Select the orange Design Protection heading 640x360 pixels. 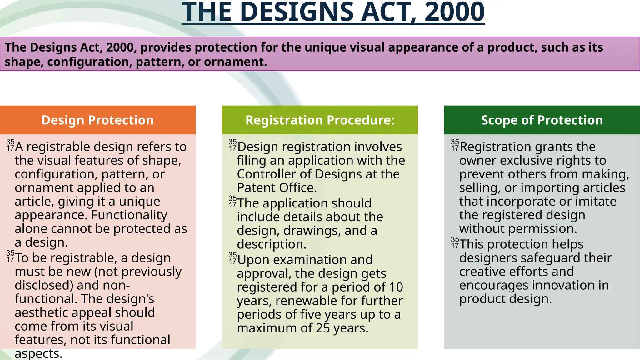[97, 120]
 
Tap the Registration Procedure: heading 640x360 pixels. [320, 120]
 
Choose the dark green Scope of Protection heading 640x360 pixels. [542, 120]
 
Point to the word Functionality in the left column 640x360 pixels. [129, 215]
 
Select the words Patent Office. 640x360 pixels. [277, 188]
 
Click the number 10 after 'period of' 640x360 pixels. [396, 287]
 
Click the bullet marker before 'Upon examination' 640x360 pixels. [232, 258]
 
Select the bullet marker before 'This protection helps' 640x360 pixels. [455, 242]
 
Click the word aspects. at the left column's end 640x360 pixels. [38, 354]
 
